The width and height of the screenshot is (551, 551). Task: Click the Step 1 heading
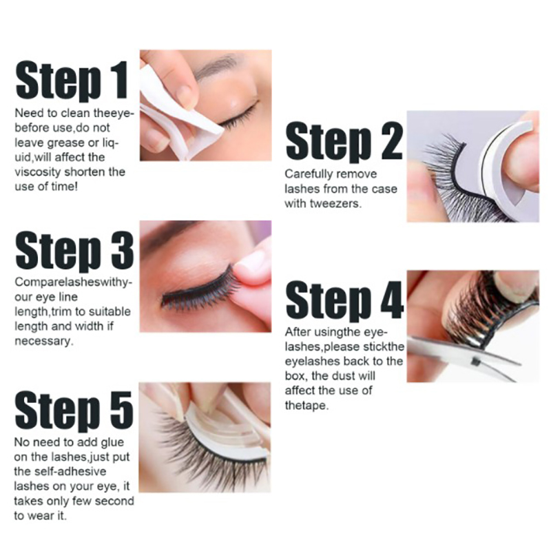[x=72, y=81]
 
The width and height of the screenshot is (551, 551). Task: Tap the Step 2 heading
[x=344, y=142]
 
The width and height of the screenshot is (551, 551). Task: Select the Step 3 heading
[x=74, y=251]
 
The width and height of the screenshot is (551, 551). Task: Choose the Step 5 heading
[x=74, y=411]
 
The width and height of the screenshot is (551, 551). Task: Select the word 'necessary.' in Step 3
[x=44, y=341]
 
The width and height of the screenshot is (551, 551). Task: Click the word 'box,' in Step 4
[x=296, y=375]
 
